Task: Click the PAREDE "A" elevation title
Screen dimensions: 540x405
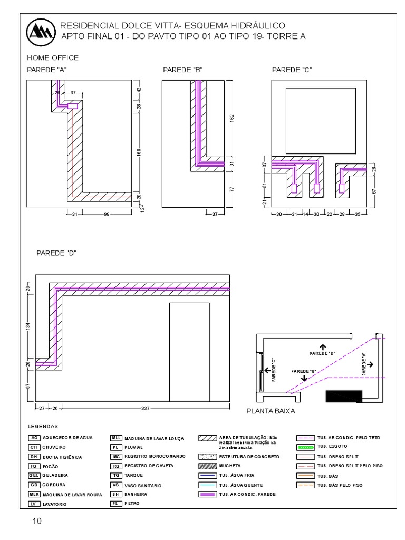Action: pyautogui.click(x=46, y=70)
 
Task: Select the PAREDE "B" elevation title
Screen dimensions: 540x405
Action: pyautogui.click(x=183, y=70)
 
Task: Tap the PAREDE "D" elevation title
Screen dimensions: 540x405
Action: pyautogui.click(x=56, y=253)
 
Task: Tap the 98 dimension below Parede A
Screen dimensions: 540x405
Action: pyautogui.click(x=106, y=214)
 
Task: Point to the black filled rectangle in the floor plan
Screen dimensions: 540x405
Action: pyautogui.click(x=344, y=396)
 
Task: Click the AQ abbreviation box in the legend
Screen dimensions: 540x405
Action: pyautogui.click(x=34, y=438)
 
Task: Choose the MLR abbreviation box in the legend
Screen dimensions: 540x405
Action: pyautogui.click(x=34, y=495)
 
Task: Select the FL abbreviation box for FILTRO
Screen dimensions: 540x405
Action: pyautogui.click(x=116, y=504)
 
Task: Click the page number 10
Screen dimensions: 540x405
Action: pyautogui.click(x=37, y=522)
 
